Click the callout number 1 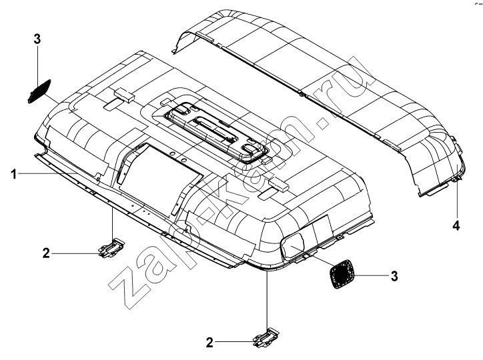(x=13, y=175)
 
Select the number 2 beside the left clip (x=46, y=253)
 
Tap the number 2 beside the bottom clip (x=209, y=343)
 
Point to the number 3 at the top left (x=37, y=39)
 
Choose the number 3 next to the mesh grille (x=394, y=276)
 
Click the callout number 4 (x=456, y=225)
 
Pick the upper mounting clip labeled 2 (x=111, y=247)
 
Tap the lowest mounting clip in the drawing (x=266, y=337)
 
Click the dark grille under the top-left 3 (x=39, y=91)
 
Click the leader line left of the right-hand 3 (x=370, y=275)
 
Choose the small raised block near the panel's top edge (x=124, y=94)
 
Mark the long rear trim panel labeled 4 (x=318, y=95)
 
